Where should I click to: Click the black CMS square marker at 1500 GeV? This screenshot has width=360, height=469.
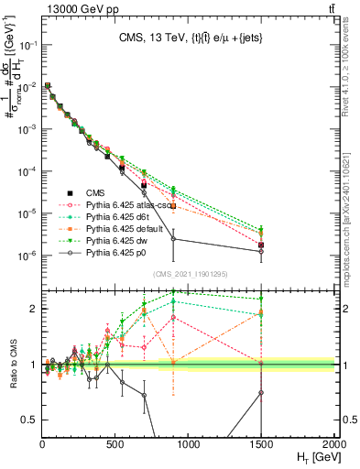(x=262, y=245)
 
